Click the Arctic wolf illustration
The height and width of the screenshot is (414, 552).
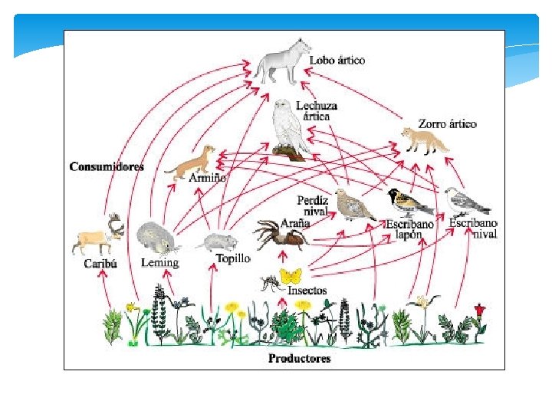pyautogui.click(x=279, y=64)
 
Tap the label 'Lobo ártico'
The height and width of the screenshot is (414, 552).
pyautogui.click(x=337, y=60)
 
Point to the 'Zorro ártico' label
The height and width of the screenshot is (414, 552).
pyautogui.click(x=447, y=123)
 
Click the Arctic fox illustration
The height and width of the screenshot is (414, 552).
pyautogui.click(x=426, y=141)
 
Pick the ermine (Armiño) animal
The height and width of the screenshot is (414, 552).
pyautogui.click(x=192, y=163)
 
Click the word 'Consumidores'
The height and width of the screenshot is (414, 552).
pyautogui.click(x=107, y=166)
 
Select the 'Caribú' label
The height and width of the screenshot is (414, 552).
pyautogui.click(x=100, y=264)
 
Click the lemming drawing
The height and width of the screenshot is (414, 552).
pyautogui.click(x=158, y=238)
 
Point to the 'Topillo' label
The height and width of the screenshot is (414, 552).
pyautogui.click(x=232, y=258)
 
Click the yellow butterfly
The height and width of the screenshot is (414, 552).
pyautogui.click(x=291, y=275)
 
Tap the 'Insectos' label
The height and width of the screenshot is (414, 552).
pyautogui.click(x=307, y=291)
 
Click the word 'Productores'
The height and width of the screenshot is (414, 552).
pyautogui.click(x=300, y=358)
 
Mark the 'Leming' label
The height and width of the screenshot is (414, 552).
pyautogui.click(x=160, y=263)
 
